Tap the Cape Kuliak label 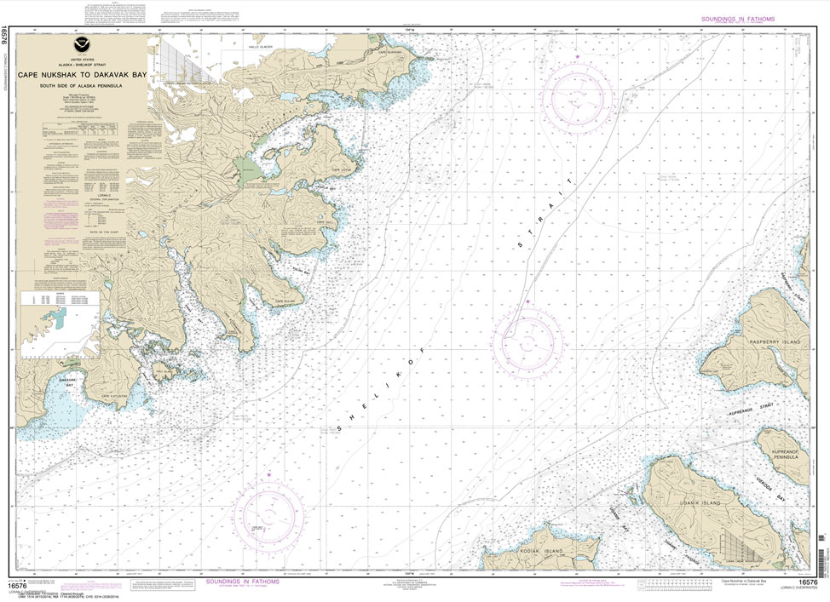point(284,301)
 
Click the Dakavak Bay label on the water point(70,382)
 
